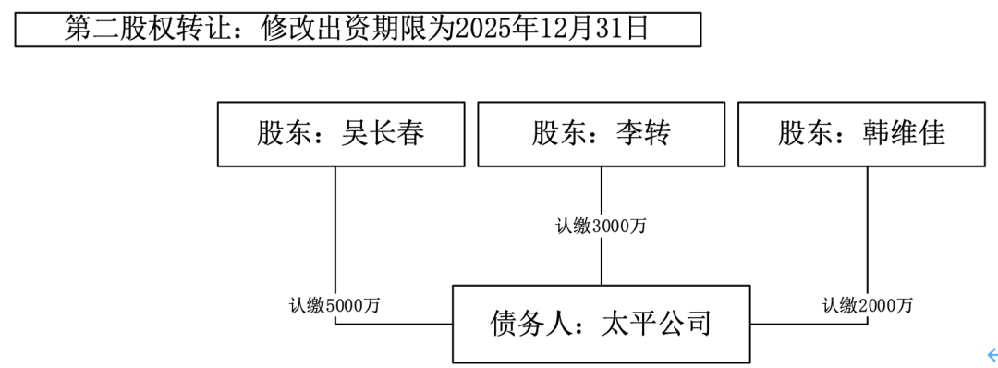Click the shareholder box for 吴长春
tap(340, 135)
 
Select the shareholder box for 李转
tap(601, 135)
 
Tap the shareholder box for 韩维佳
tap(861, 135)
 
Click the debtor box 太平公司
tap(601, 325)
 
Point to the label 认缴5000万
tap(333, 305)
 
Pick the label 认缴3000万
tap(601, 226)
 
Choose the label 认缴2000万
tap(868, 305)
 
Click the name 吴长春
tap(383, 135)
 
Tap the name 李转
tap(643, 135)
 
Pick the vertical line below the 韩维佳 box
tap(868, 231)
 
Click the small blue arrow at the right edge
tap(992, 353)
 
